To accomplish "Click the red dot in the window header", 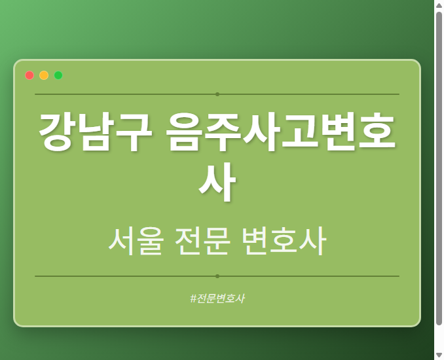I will pos(29,75).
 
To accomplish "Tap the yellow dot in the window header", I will pos(44,75).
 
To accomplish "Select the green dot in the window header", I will pos(58,75).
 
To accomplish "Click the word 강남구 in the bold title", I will pos(95,132).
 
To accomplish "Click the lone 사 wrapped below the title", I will pos(217,184).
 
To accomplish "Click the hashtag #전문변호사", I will pos(217,298).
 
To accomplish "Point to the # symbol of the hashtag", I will pos(193,298).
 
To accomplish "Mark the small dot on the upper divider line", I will pos(217,94).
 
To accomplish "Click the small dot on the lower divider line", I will pos(217,276).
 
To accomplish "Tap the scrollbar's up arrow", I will pos(439,5).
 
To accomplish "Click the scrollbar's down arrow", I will pos(439,355).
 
